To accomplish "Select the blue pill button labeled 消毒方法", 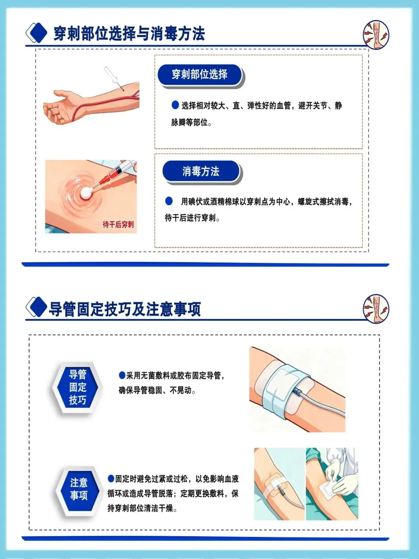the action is [201, 171].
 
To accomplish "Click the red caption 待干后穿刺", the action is [118, 224].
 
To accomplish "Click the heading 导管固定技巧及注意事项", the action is [125, 309].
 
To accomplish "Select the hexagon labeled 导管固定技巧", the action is [78, 387].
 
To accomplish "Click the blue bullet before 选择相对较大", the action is [175, 105].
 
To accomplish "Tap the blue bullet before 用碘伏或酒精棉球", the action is [169, 201].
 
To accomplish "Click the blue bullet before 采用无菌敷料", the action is [122, 375].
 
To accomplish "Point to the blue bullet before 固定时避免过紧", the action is [111, 479].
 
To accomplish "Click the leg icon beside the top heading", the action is [376, 35].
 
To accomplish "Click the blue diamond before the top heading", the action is [36, 33].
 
